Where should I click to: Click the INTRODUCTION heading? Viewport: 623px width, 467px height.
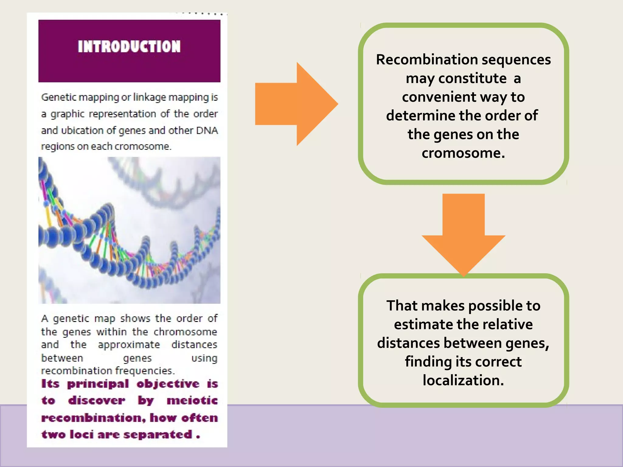129,47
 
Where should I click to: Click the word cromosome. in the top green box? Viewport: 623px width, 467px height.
463,153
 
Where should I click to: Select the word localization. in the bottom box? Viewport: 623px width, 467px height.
463,380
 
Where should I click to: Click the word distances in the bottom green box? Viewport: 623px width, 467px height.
408,343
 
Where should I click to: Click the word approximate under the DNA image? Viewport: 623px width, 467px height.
129,345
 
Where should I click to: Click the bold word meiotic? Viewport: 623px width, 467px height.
192,400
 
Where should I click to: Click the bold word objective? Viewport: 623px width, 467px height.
168,384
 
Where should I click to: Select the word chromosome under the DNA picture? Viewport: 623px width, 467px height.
185,332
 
